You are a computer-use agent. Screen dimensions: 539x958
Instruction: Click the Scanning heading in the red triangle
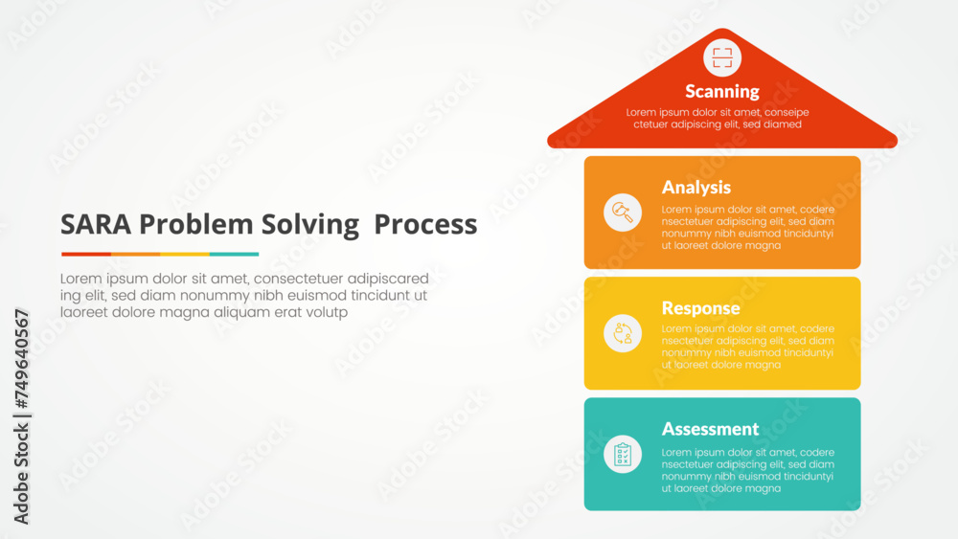coord(721,92)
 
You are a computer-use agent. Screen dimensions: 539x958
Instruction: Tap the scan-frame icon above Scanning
coord(722,56)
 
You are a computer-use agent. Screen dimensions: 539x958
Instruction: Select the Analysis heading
coord(696,188)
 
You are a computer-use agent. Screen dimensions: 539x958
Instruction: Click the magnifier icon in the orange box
coord(623,212)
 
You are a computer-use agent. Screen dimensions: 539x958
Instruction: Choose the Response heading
coord(700,308)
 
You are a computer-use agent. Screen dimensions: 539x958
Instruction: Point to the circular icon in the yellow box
coord(623,332)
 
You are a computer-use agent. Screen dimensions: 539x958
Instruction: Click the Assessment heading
coord(710,429)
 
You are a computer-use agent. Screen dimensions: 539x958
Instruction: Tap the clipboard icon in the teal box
coord(623,453)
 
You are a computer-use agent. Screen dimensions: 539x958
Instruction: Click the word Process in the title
coord(425,225)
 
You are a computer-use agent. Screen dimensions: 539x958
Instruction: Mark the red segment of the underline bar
coord(86,254)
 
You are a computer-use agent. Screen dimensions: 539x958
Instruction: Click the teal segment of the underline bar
coord(234,254)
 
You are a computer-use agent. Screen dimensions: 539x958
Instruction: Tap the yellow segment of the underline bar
coord(185,254)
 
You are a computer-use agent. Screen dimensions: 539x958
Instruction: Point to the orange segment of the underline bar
coord(135,254)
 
